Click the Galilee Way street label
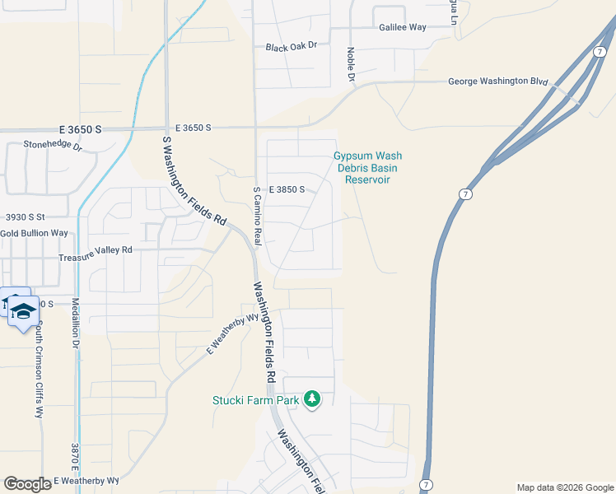pos(403,27)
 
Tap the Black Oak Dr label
pos(291,48)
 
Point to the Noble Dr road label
pos(350,65)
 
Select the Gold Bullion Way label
pos(34,233)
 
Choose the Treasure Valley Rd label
pos(96,249)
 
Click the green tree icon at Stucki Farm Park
pos(311,399)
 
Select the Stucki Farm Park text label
pos(254,401)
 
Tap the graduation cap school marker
pos(24,310)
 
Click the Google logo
pos(26,484)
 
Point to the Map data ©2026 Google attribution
pos(564,487)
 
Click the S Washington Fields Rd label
pos(194,181)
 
